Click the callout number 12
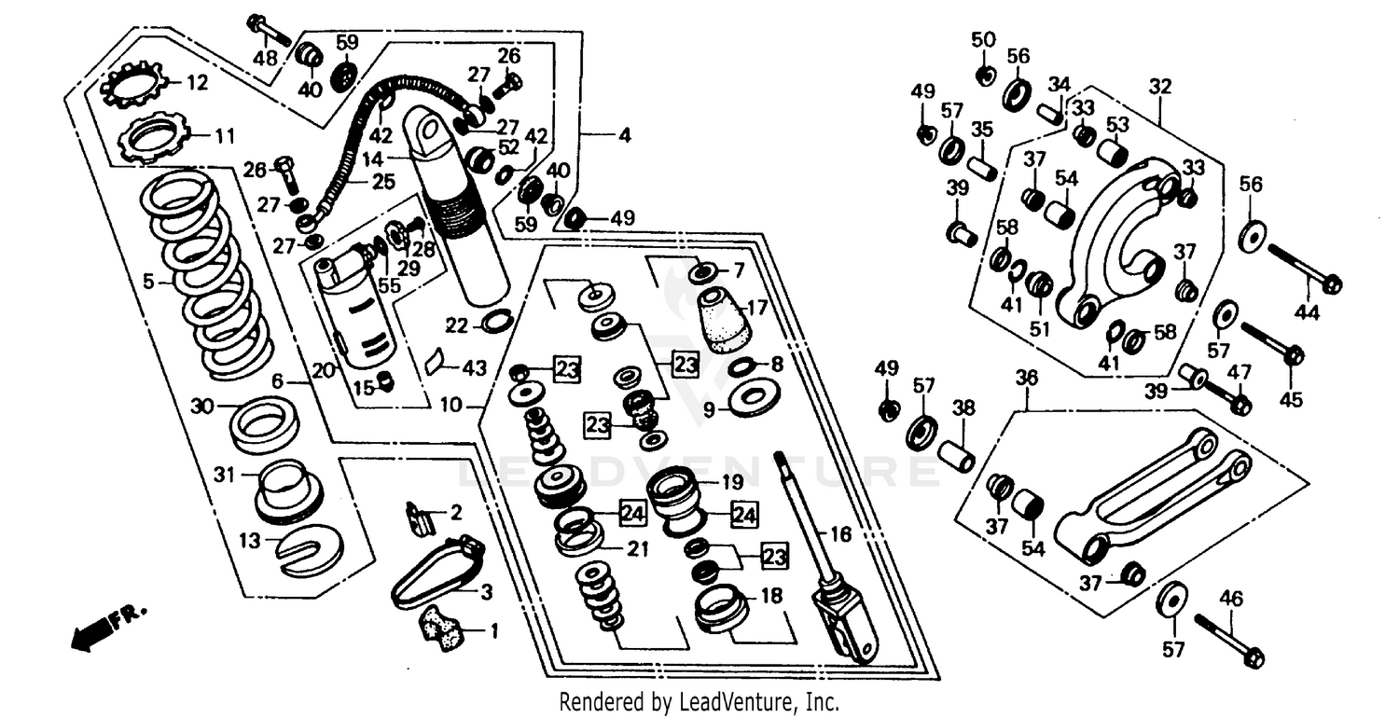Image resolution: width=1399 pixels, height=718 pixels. [197, 83]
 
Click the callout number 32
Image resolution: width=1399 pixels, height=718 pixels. [1159, 87]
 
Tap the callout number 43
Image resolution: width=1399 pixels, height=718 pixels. [475, 368]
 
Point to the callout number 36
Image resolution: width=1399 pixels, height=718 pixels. [1026, 377]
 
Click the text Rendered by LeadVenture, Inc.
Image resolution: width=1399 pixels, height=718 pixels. [699, 701]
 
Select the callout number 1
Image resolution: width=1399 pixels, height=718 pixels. [494, 631]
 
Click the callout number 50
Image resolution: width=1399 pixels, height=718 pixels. [983, 39]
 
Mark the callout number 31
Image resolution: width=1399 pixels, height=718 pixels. [222, 475]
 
